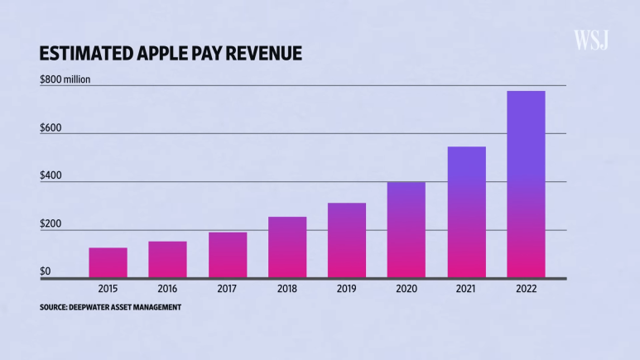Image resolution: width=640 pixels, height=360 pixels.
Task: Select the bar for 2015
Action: pyautogui.click(x=108, y=262)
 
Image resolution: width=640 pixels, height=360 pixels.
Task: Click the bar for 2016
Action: pyautogui.click(x=167, y=259)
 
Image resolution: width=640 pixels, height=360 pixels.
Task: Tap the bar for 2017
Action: pyautogui.click(x=228, y=255)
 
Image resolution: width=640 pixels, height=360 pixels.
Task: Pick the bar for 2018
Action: pyautogui.click(x=287, y=247)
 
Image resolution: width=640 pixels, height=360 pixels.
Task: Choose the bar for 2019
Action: pyautogui.click(x=347, y=240)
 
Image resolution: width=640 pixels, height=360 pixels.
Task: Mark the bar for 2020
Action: pyautogui.click(x=407, y=229)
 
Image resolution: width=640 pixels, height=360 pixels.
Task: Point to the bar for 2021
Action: pyautogui.click(x=466, y=212)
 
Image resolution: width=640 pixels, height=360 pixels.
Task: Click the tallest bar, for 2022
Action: pyautogui.click(x=526, y=184)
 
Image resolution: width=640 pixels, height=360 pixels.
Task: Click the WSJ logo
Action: pyautogui.click(x=591, y=40)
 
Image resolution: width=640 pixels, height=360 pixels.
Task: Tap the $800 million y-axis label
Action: pyautogui.click(x=65, y=79)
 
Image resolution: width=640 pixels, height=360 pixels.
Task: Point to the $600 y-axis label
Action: pyautogui.click(x=51, y=128)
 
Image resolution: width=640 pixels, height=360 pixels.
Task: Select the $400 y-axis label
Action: pyautogui.click(x=51, y=177)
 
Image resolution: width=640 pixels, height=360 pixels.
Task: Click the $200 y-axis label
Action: pyautogui.click(x=51, y=225)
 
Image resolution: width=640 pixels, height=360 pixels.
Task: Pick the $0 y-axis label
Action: pyautogui.click(x=46, y=271)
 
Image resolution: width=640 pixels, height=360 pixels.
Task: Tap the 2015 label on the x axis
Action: pyautogui.click(x=108, y=289)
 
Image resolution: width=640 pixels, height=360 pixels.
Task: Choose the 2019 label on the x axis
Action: pyautogui.click(x=347, y=289)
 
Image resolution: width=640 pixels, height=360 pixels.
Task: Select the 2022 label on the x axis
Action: pyautogui.click(x=526, y=289)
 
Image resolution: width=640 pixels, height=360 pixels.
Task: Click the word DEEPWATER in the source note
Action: pyautogui.click(x=97, y=308)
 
